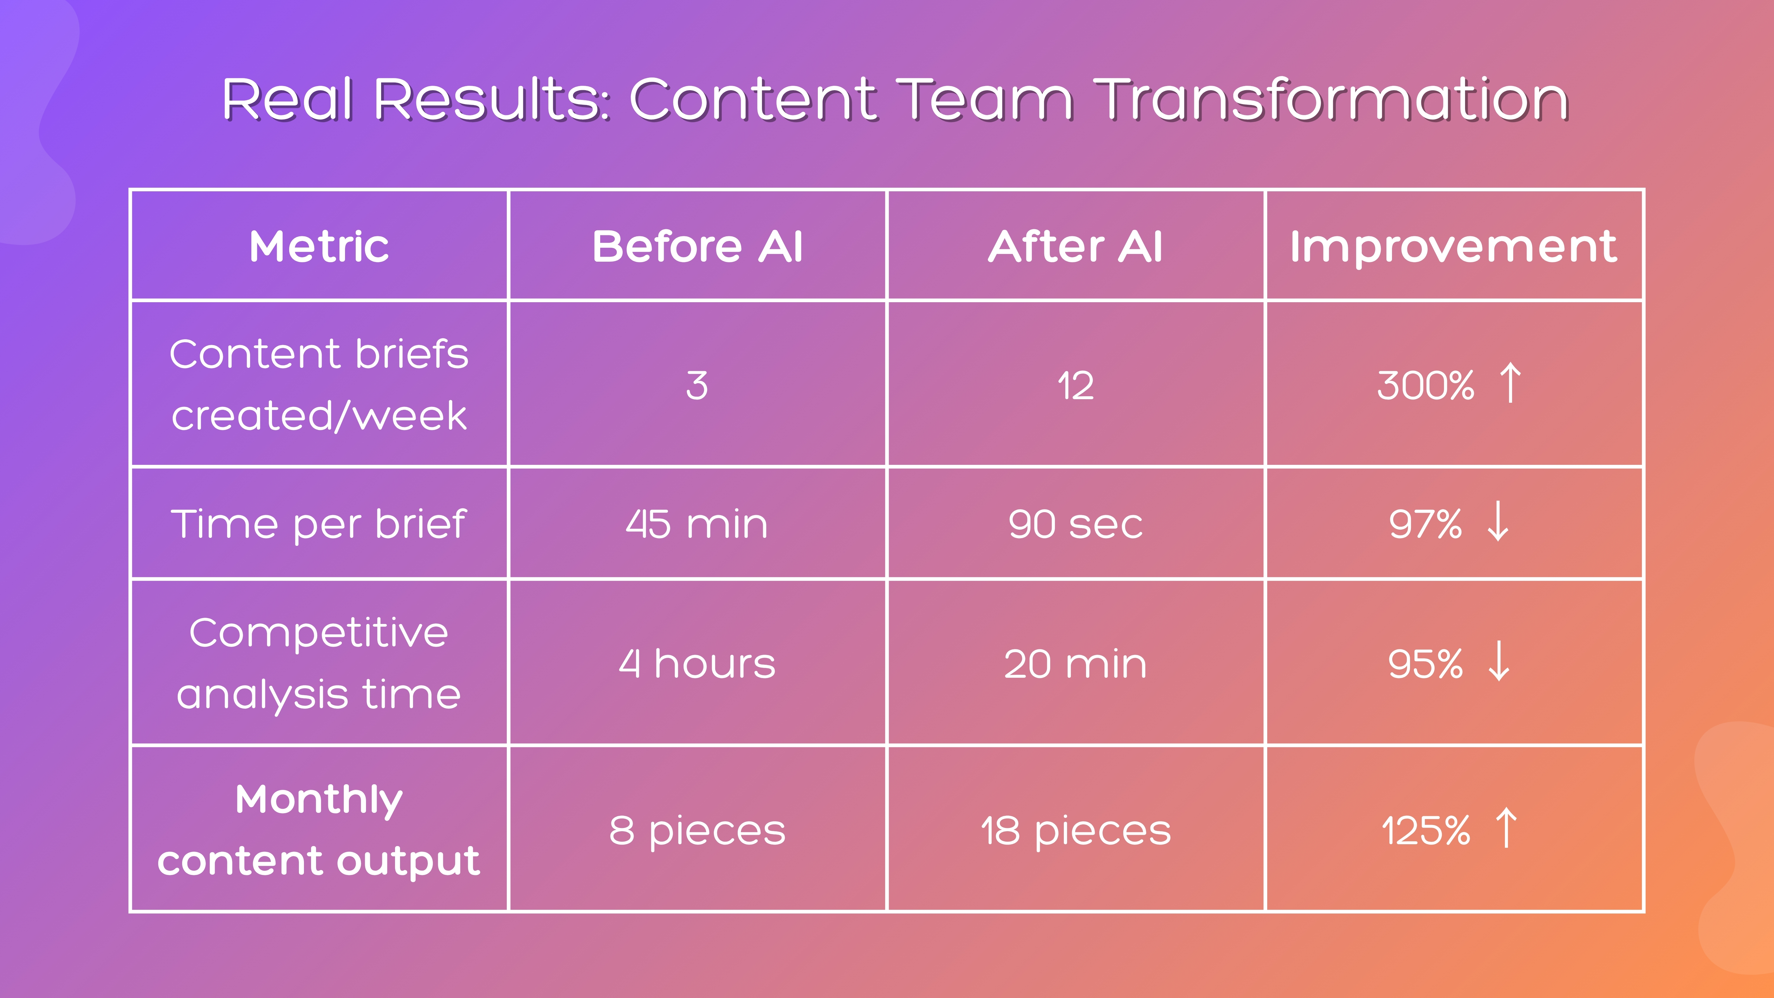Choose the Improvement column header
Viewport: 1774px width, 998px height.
(x=1453, y=247)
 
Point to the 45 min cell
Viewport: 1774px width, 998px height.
(x=697, y=524)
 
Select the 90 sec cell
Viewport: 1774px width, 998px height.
(x=1075, y=524)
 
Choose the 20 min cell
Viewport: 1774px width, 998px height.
(x=1075, y=664)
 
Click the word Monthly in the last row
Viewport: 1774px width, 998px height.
(x=319, y=800)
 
